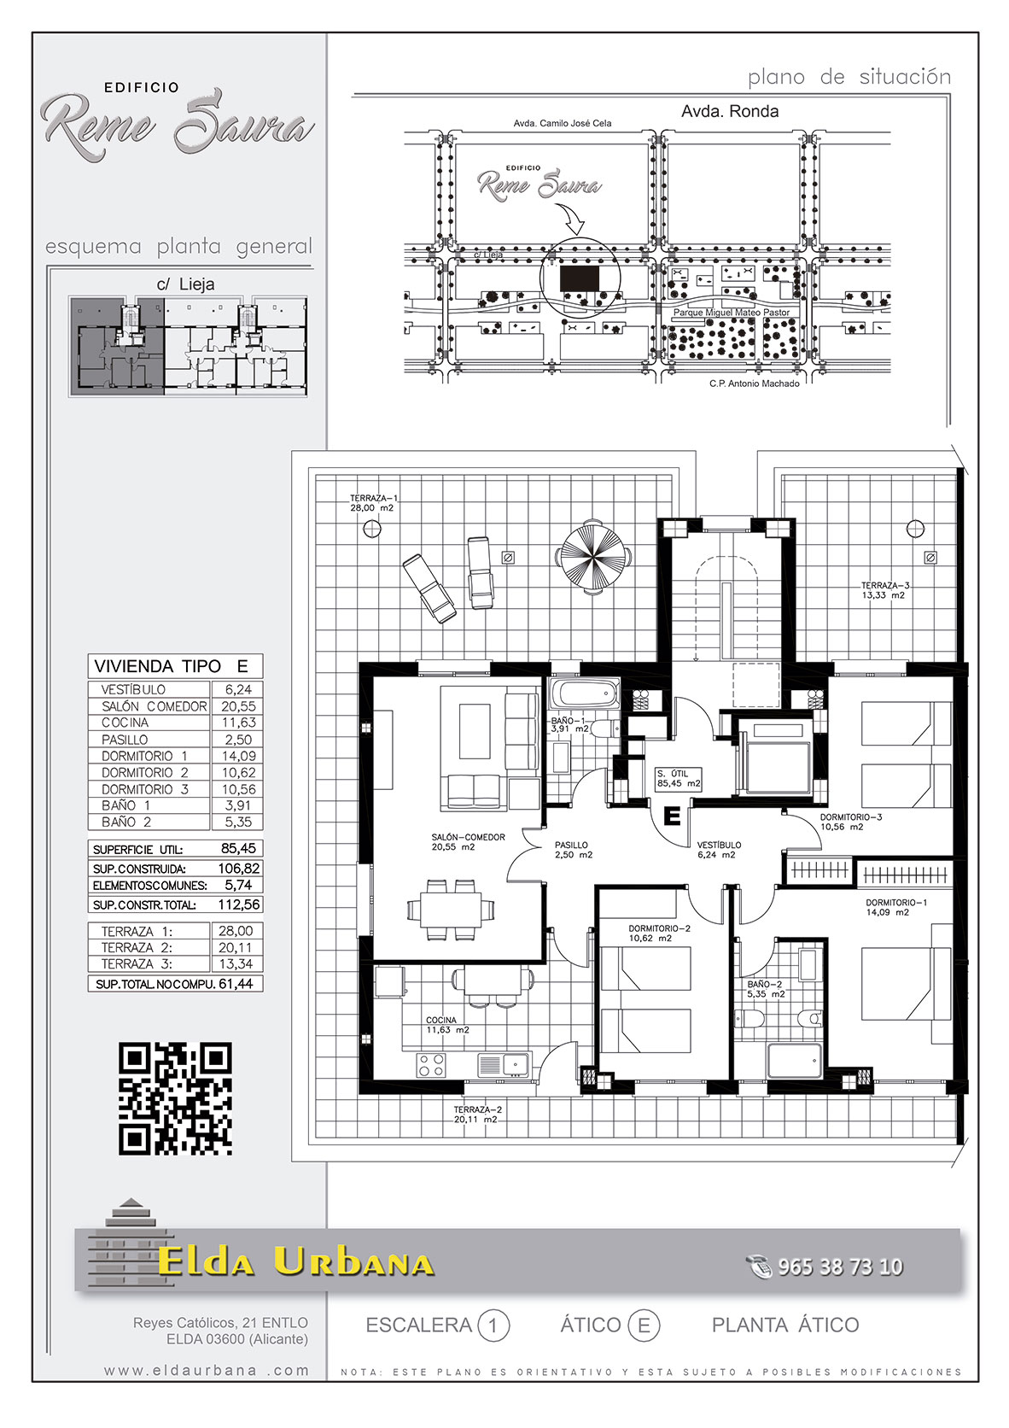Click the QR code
[x=175, y=1098]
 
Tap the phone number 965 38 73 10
[x=840, y=1266]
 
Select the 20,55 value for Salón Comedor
[x=238, y=706]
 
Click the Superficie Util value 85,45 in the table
[x=238, y=848]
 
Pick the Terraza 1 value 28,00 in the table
[x=236, y=931]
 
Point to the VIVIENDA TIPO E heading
[x=171, y=666]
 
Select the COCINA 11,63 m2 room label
[x=448, y=1025]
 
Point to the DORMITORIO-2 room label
[x=659, y=929]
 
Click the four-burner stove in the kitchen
[x=431, y=1065]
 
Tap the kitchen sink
[x=504, y=1064]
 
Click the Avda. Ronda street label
[x=730, y=112]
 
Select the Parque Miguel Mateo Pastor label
[x=732, y=313]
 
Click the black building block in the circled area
[x=580, y=278]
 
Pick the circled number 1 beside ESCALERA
[x=493, y=1326]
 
